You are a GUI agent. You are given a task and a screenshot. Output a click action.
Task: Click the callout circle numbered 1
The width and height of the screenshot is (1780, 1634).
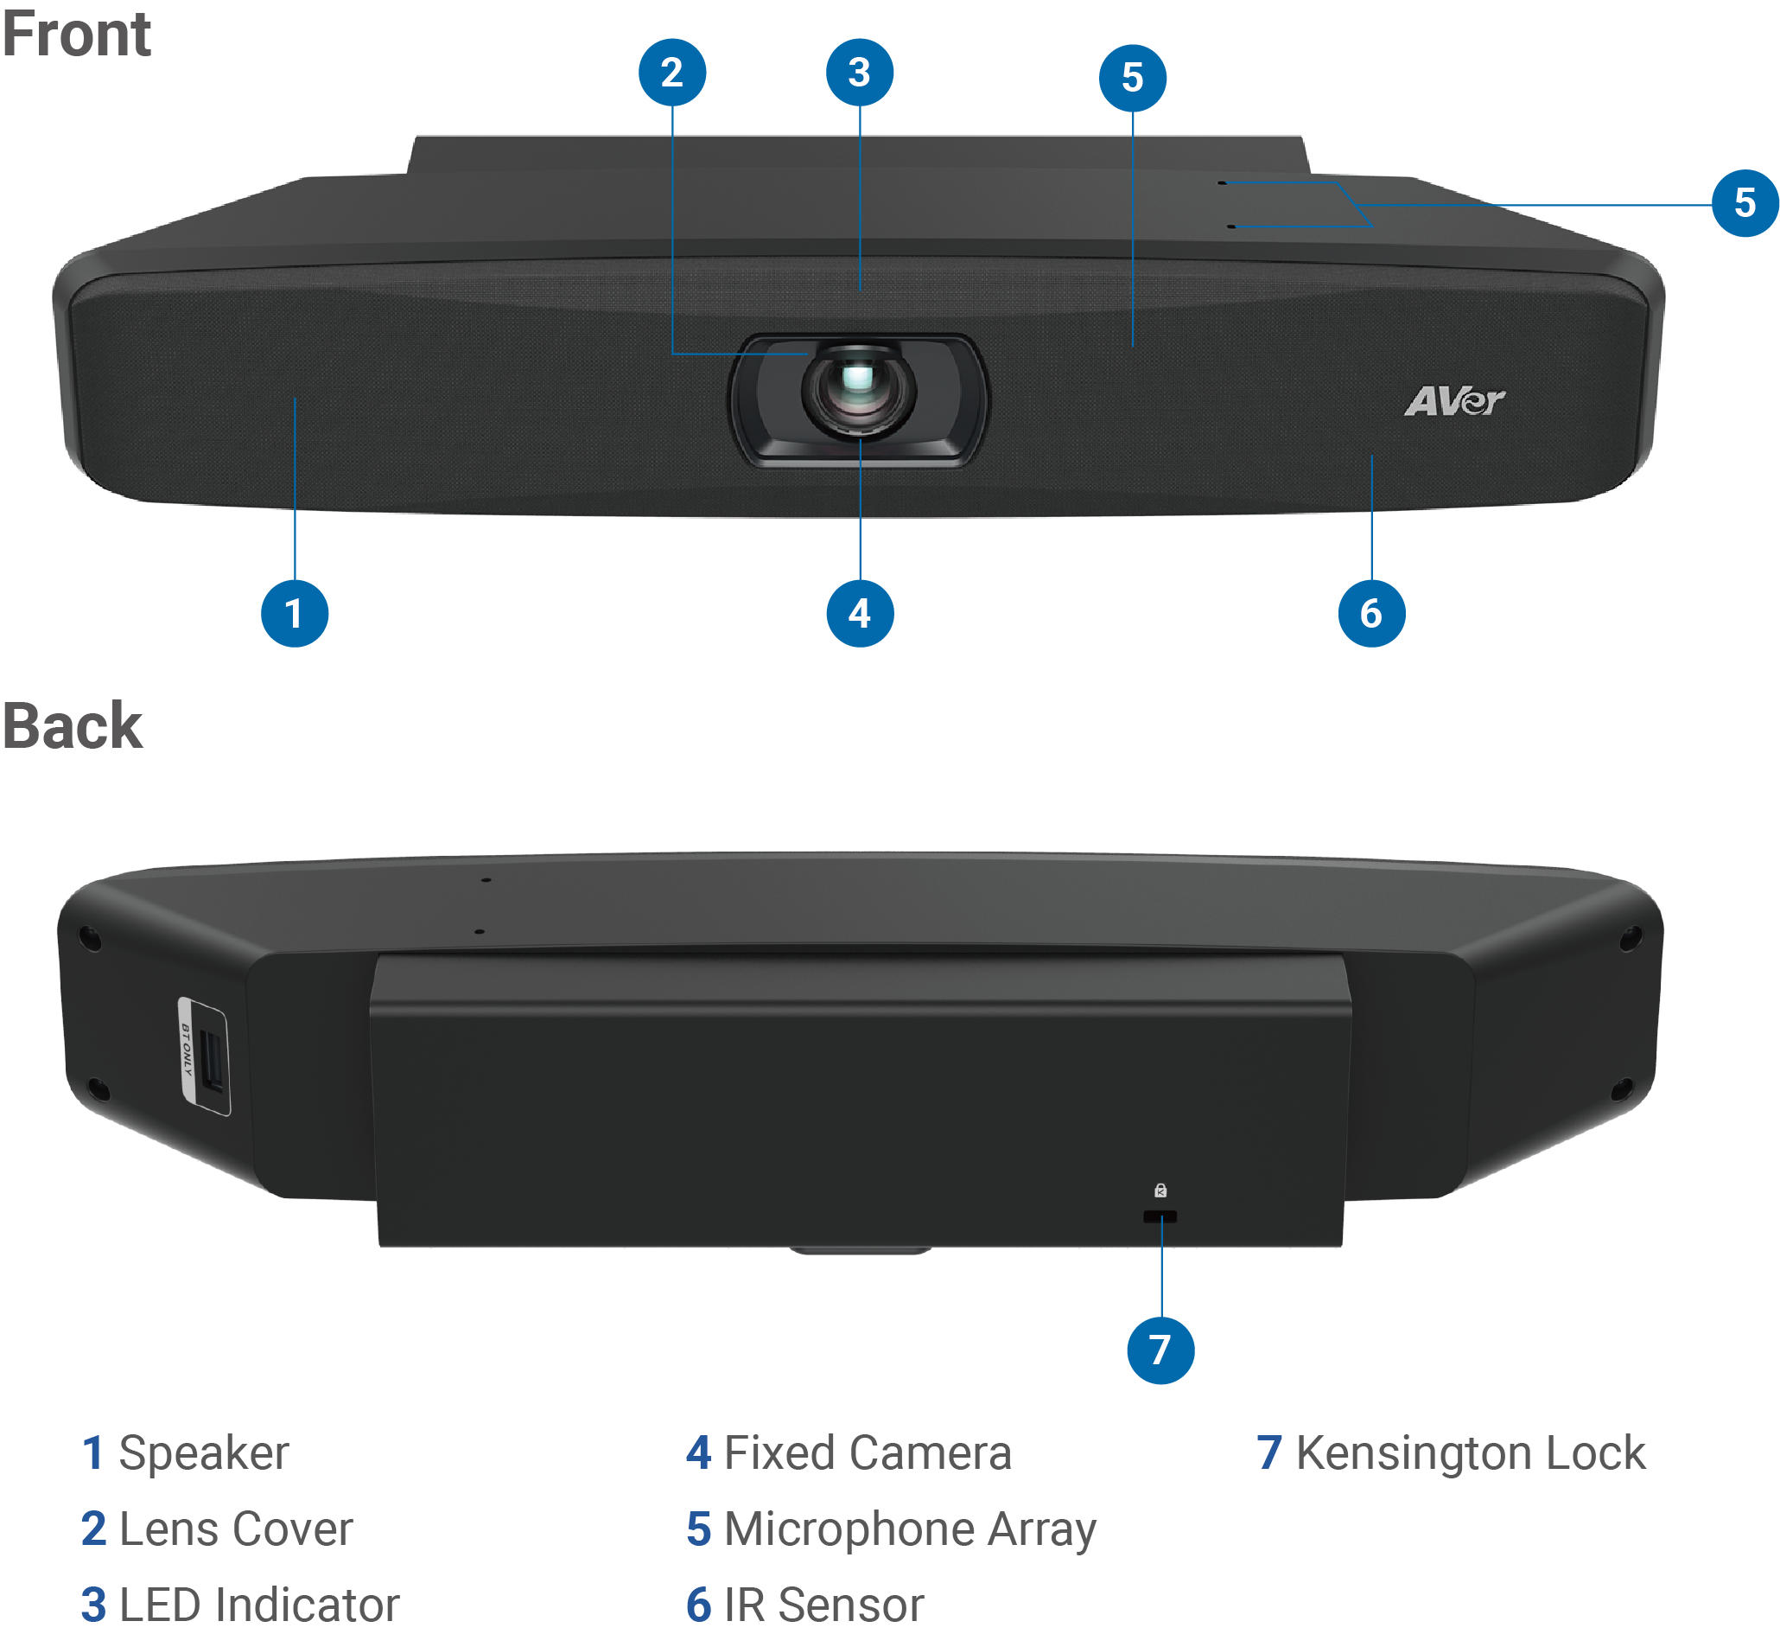(295, 613)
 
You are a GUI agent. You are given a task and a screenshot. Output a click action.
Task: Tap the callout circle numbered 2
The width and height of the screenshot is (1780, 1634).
(671, 73)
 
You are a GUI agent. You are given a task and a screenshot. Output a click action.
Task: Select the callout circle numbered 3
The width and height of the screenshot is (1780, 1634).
(859, 73)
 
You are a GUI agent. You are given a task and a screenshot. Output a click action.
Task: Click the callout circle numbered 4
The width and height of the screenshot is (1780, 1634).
(859, 613)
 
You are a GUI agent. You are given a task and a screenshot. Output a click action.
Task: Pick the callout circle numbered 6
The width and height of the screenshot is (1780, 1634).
(1370, 613)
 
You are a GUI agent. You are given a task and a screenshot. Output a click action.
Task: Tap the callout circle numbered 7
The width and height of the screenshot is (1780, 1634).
(1160, 1350)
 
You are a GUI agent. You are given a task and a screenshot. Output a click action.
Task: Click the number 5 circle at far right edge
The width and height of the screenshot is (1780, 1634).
(1745, 202)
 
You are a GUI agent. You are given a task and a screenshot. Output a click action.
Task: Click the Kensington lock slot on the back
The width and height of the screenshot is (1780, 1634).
(1160, 1216)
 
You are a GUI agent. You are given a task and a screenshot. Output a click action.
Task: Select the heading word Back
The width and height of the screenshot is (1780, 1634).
(73, 726)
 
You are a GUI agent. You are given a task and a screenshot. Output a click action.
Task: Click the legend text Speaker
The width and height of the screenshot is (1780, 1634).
(203, 1452)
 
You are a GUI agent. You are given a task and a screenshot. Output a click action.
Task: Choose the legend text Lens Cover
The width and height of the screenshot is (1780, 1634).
(235, 1529)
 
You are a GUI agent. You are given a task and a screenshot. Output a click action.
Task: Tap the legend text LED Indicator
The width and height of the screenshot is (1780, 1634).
(259, 1605)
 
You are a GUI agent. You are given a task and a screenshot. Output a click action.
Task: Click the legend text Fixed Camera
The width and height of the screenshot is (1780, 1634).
(867, 1452)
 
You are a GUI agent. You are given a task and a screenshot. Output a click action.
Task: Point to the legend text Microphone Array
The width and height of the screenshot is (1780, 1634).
(910, 1529)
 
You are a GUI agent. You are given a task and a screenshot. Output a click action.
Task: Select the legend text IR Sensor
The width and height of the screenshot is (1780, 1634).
(823, 1605)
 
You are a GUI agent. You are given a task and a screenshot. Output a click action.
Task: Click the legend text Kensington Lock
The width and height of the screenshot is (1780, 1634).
(1470, 1452)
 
